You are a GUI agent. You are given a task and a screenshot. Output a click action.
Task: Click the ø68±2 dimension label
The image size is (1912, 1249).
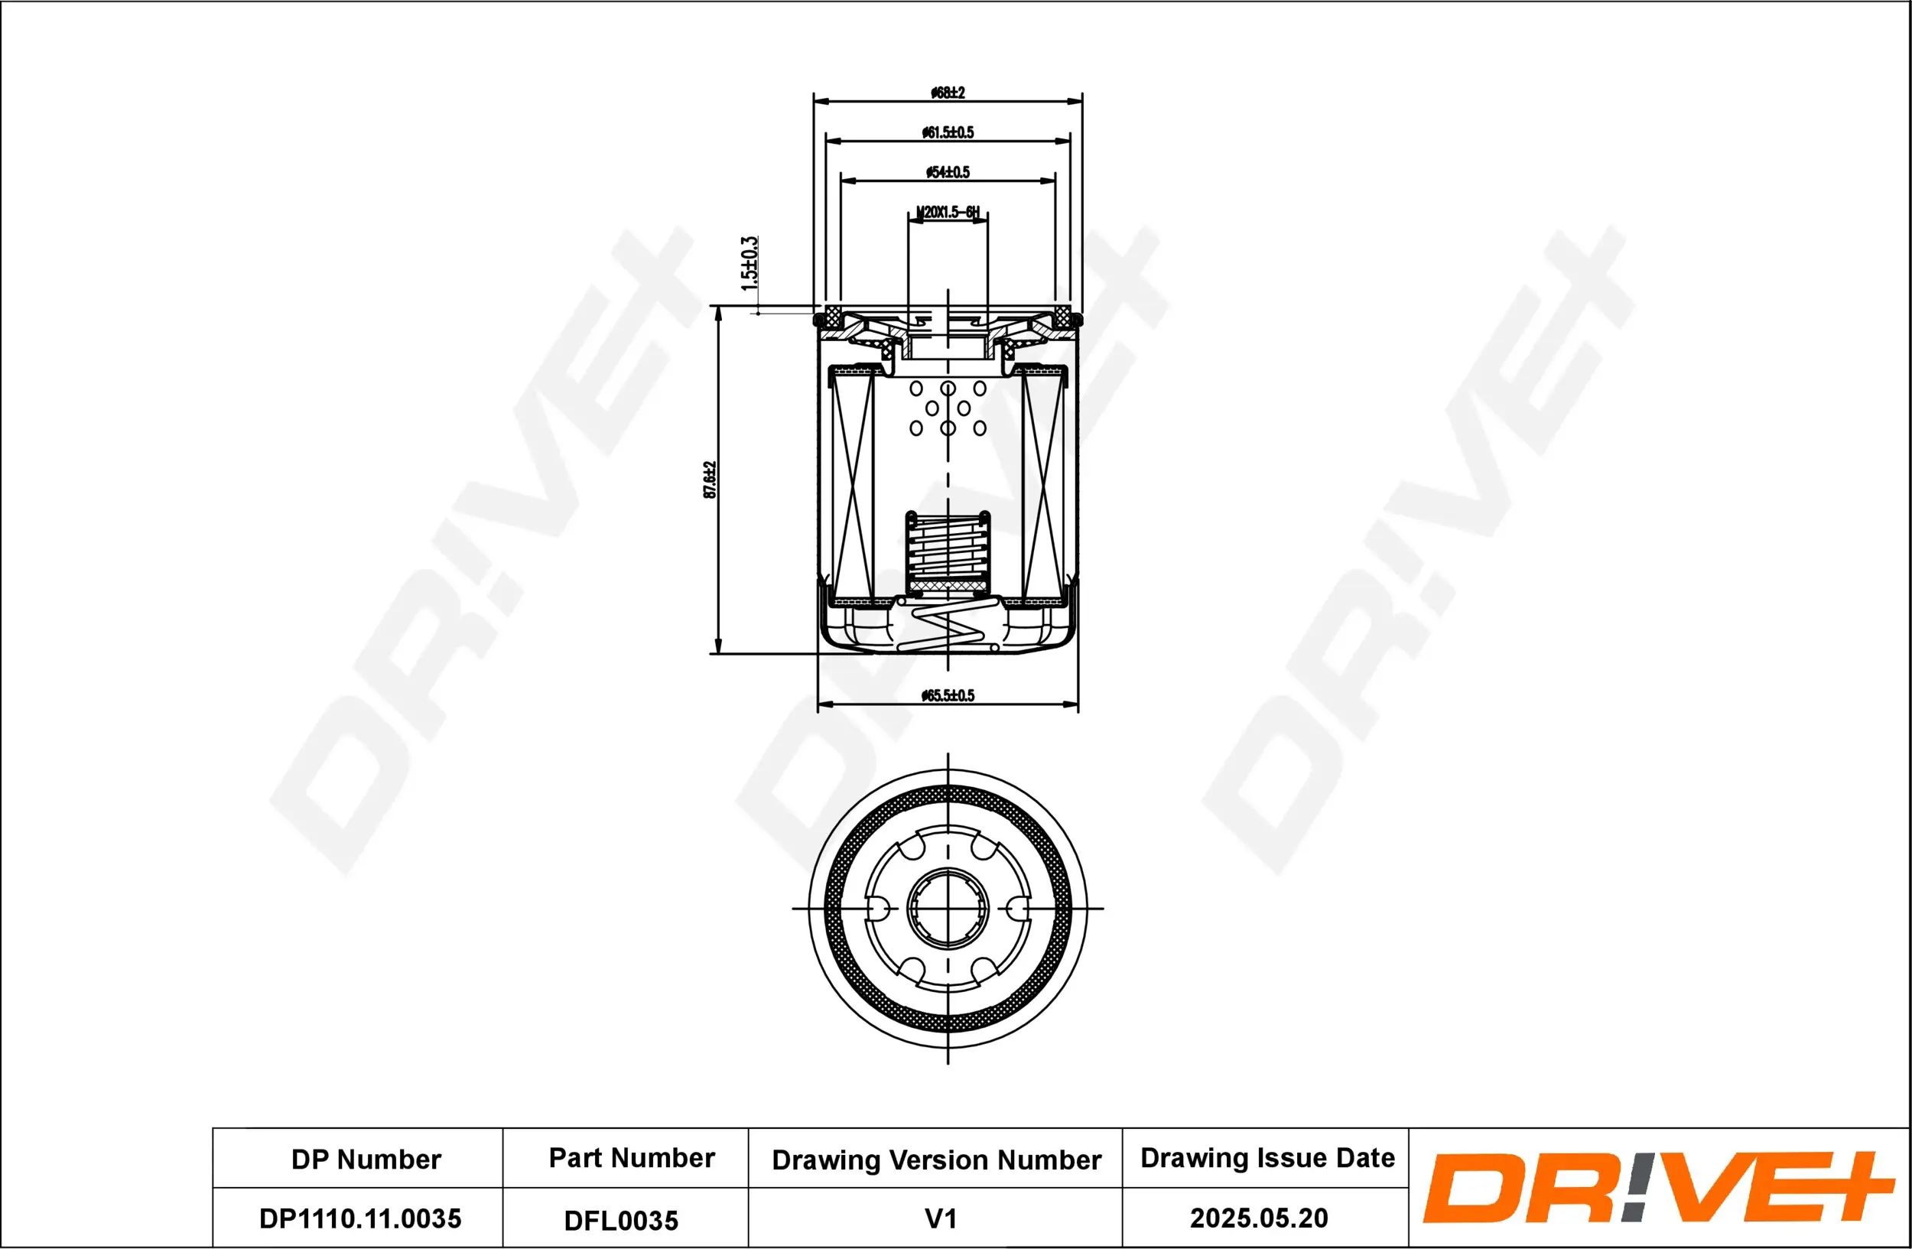947,93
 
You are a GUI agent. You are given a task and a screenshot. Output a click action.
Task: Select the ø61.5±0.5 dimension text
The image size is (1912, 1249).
947,132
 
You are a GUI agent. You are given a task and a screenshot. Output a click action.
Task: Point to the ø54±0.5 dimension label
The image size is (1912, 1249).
947,172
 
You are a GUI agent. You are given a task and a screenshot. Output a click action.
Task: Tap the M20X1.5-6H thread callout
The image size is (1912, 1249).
948,212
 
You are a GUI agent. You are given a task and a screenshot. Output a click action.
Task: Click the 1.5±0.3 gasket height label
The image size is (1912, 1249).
749,263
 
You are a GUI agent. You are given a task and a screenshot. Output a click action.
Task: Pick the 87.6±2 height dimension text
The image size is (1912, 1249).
710,480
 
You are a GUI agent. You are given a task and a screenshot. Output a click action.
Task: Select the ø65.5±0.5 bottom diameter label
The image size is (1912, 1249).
947,694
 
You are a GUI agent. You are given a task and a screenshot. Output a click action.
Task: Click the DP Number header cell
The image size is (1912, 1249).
366,1159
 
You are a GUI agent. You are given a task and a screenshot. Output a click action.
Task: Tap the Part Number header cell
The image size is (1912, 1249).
632,1157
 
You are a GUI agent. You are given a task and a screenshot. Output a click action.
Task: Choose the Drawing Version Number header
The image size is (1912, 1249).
936,1160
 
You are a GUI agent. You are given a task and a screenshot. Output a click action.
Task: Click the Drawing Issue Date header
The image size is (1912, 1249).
1267,1157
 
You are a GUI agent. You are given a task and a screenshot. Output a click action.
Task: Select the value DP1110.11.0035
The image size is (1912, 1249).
360,1218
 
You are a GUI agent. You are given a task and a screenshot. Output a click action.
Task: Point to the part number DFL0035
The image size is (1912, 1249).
621,1220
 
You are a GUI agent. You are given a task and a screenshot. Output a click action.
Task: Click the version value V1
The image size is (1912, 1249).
940,1218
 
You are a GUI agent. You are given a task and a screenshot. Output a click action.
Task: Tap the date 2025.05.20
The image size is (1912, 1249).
1258,1218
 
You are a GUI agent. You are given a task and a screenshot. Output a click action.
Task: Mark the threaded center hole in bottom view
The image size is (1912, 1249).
947,909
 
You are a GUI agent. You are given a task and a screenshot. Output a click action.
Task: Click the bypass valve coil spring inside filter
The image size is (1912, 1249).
947,550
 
